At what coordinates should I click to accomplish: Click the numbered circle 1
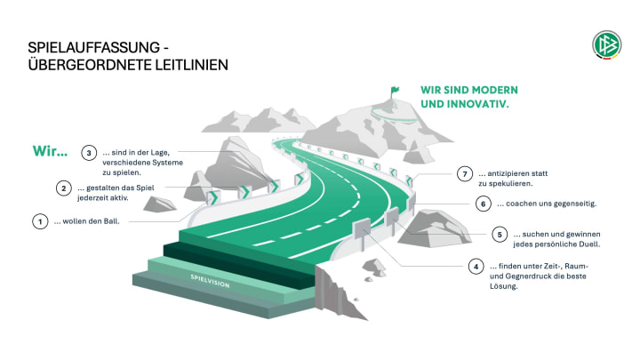(x=39, y=221)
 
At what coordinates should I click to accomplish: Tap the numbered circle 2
(x=63, y=188)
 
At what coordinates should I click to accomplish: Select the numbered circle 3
(x=88, y=152)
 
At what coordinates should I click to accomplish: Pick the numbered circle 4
(x=477, y=266)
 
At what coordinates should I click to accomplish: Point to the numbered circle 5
(x=500, y=234)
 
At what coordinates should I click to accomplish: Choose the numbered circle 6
(x=484, y=204)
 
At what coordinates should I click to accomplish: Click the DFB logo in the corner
(x=607, y=45)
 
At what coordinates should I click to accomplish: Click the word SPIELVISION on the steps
(x=212, y=280)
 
